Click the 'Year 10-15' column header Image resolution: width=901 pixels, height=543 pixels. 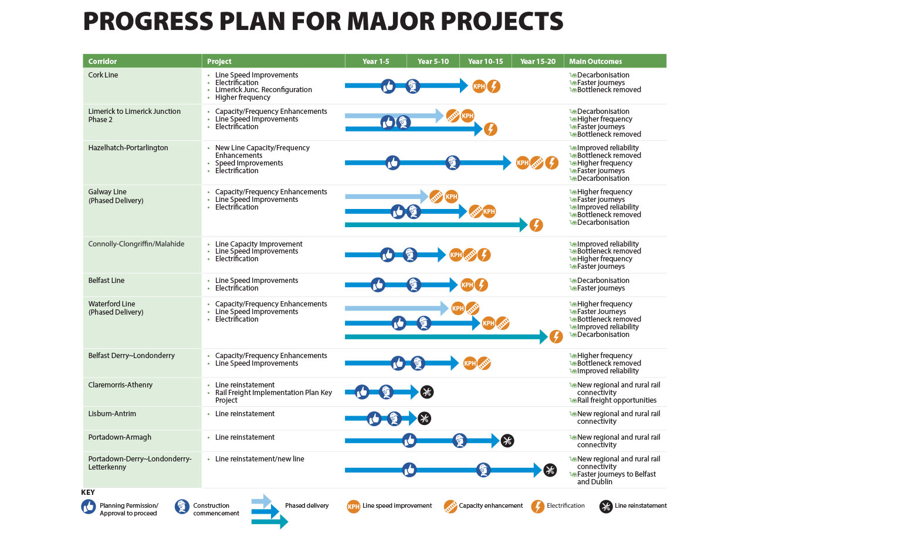point(485,61)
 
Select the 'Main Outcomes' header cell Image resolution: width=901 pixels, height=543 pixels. point(595,61)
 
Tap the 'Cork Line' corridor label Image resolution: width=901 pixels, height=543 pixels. point(103,75)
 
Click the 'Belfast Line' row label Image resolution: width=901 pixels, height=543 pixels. point(106,281)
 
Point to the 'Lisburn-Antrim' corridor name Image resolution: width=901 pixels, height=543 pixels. point(112,414)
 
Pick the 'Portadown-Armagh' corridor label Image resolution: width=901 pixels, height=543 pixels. point(120,437)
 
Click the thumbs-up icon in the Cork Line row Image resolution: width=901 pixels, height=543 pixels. point(388,86)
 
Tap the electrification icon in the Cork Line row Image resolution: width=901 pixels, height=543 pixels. point(494,86)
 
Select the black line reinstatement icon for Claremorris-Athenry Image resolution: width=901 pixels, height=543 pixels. point(427,392)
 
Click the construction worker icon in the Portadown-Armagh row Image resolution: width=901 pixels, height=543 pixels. point(460,440)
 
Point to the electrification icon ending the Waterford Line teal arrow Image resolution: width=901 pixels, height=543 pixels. point(556,336)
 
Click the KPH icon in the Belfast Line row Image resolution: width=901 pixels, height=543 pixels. point(467,285)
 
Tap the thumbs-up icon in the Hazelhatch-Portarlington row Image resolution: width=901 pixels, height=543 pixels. point(392,163)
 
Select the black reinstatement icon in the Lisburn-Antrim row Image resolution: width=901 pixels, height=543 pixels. point(424,418)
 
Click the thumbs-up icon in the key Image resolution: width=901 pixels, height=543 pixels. point(89,507)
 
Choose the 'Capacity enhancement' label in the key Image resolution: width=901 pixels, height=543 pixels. point(490,505)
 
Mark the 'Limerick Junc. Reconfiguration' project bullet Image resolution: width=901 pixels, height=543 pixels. point(263,90)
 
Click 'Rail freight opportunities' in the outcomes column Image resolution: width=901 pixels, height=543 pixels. point(617,400)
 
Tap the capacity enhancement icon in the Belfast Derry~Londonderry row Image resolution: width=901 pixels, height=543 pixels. point(484,363)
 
